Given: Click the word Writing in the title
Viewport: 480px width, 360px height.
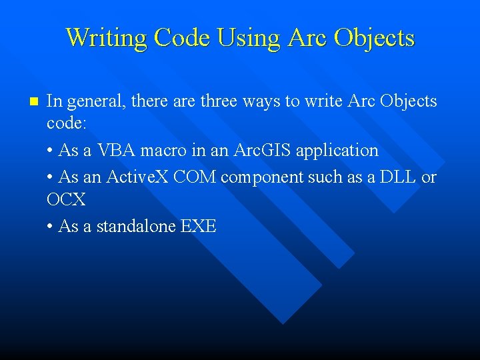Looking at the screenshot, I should (x=107, y=37).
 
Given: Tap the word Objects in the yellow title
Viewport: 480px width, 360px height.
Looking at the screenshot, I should (x=374, y=37).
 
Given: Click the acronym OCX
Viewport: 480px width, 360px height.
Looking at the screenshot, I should (x=66, y=199).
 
